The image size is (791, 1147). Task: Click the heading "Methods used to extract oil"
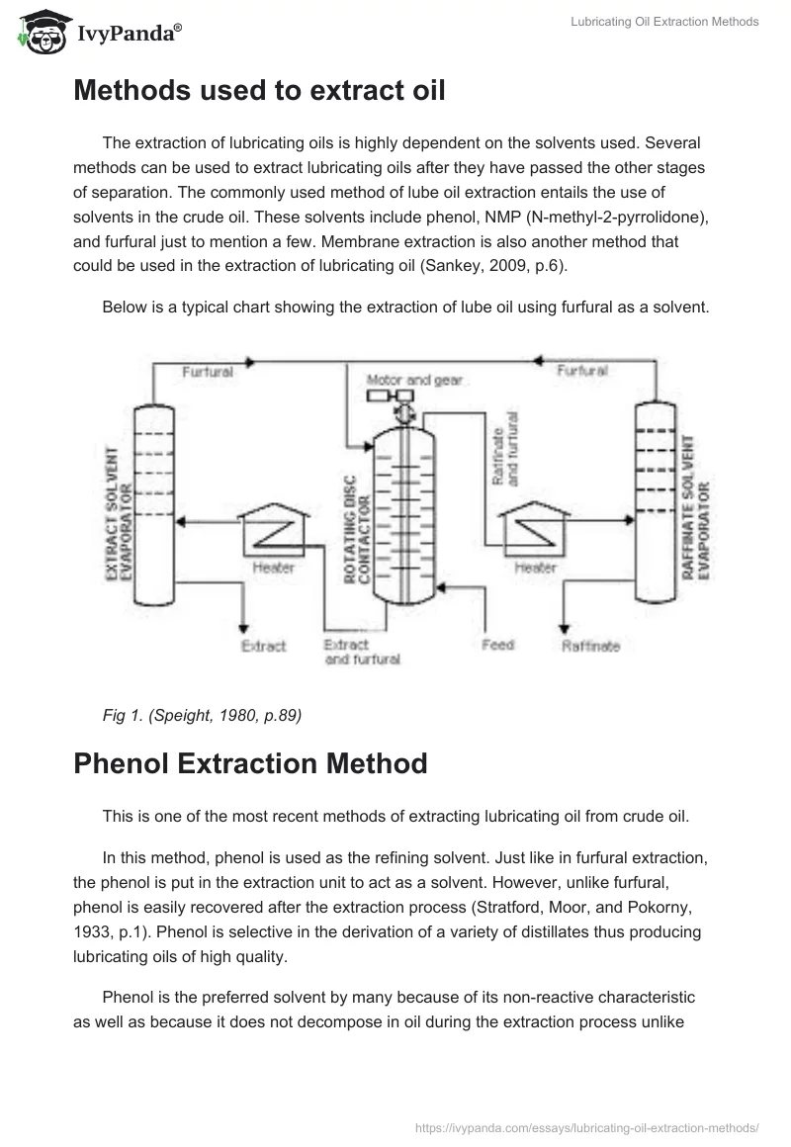259,90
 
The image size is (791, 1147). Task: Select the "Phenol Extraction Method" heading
250,763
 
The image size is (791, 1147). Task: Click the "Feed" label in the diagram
498,645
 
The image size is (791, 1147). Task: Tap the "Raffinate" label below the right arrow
590,646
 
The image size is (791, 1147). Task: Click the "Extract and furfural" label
360,652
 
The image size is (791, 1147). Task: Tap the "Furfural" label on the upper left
208,372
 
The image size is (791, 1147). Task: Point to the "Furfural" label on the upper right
582,371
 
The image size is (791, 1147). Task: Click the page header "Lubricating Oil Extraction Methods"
664,22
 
